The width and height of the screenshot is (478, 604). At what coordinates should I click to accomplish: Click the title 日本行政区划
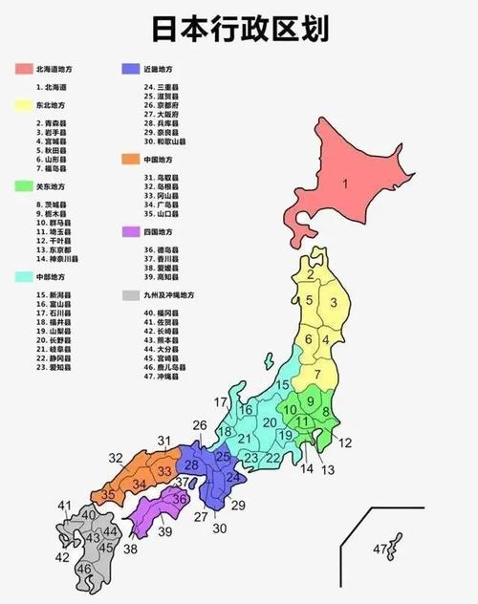(238, 29)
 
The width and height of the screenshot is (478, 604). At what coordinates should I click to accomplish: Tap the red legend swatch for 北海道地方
(21, 70)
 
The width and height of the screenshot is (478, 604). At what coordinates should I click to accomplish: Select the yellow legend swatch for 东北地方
(21, 104)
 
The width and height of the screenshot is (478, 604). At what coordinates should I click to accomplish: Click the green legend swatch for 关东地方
(21, 186)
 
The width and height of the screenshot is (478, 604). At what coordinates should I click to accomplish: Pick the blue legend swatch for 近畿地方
(127, 70)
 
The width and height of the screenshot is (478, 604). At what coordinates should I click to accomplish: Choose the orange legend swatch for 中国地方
(127, 160)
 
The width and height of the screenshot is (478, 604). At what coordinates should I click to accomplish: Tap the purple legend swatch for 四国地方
(127, 232)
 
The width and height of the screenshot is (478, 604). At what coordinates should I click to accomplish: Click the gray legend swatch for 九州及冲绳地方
(127, 295)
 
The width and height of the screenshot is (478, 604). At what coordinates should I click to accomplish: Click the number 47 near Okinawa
(380, 549)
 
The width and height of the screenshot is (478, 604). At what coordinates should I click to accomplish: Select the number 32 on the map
(116, 459)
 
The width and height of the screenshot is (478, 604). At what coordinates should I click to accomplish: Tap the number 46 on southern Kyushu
(84, 569)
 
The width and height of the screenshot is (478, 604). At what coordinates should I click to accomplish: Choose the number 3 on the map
(333, 303)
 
